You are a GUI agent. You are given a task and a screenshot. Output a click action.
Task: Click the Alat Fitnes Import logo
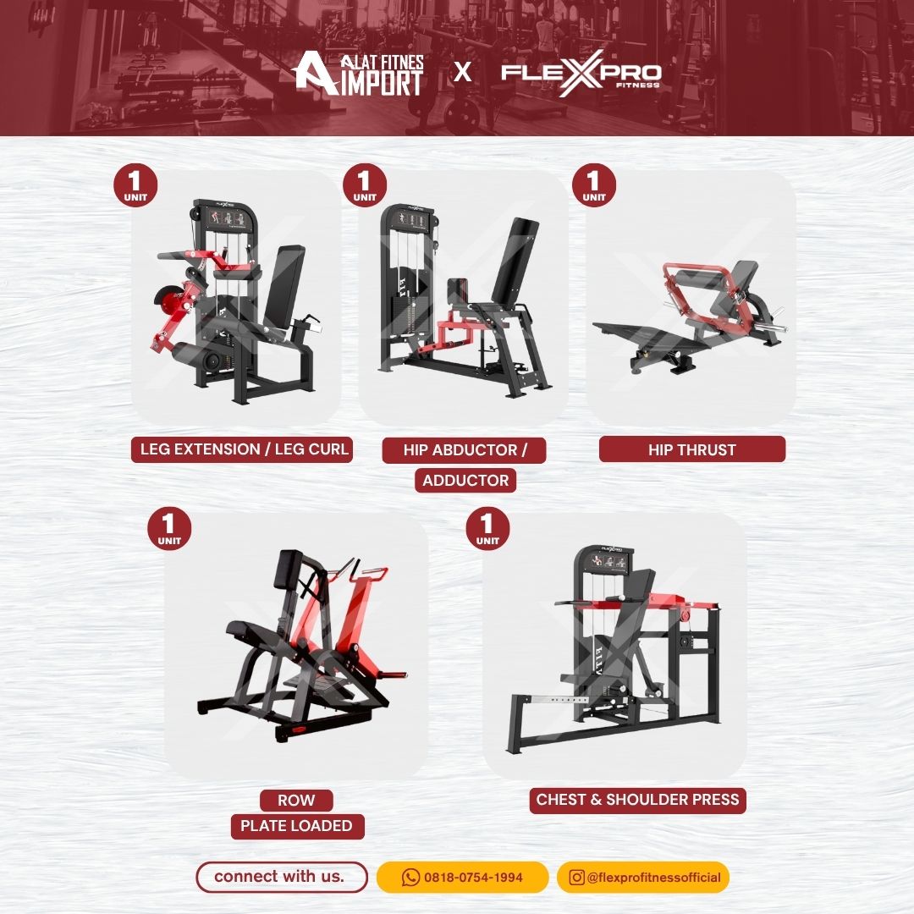(x=357, y=74)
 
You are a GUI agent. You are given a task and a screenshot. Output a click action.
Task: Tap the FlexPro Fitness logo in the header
(x=581, y=74)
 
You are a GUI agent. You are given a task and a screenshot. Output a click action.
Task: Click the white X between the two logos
(x=463, y=72)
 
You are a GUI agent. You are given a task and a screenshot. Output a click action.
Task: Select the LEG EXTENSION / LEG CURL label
(x=242, y=449)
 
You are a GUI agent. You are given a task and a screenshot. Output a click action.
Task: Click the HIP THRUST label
(x=692, y=449)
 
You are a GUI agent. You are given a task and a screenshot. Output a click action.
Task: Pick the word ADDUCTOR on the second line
(x=465, y=481)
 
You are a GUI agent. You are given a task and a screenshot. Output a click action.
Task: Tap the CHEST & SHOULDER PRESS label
(x=638, y=800)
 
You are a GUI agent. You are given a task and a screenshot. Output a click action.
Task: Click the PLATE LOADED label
(x=297, y=826)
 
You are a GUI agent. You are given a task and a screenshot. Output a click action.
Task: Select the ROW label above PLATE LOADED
(x=297, y=801)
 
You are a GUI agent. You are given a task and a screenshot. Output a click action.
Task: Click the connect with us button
(x=282, y=877)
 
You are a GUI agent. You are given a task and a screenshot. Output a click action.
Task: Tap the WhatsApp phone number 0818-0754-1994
(x=473, y=878)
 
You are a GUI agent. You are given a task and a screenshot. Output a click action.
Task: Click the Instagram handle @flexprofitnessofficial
(x=654, y=878)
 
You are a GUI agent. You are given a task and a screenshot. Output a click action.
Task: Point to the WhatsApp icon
(x=411, y=878)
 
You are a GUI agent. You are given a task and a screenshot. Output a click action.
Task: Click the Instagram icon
(x=576, y=878)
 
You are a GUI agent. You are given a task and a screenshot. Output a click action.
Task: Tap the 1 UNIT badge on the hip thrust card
(x=594, y=185)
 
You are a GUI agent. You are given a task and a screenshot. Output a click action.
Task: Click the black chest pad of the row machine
(x=290, y=570)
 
